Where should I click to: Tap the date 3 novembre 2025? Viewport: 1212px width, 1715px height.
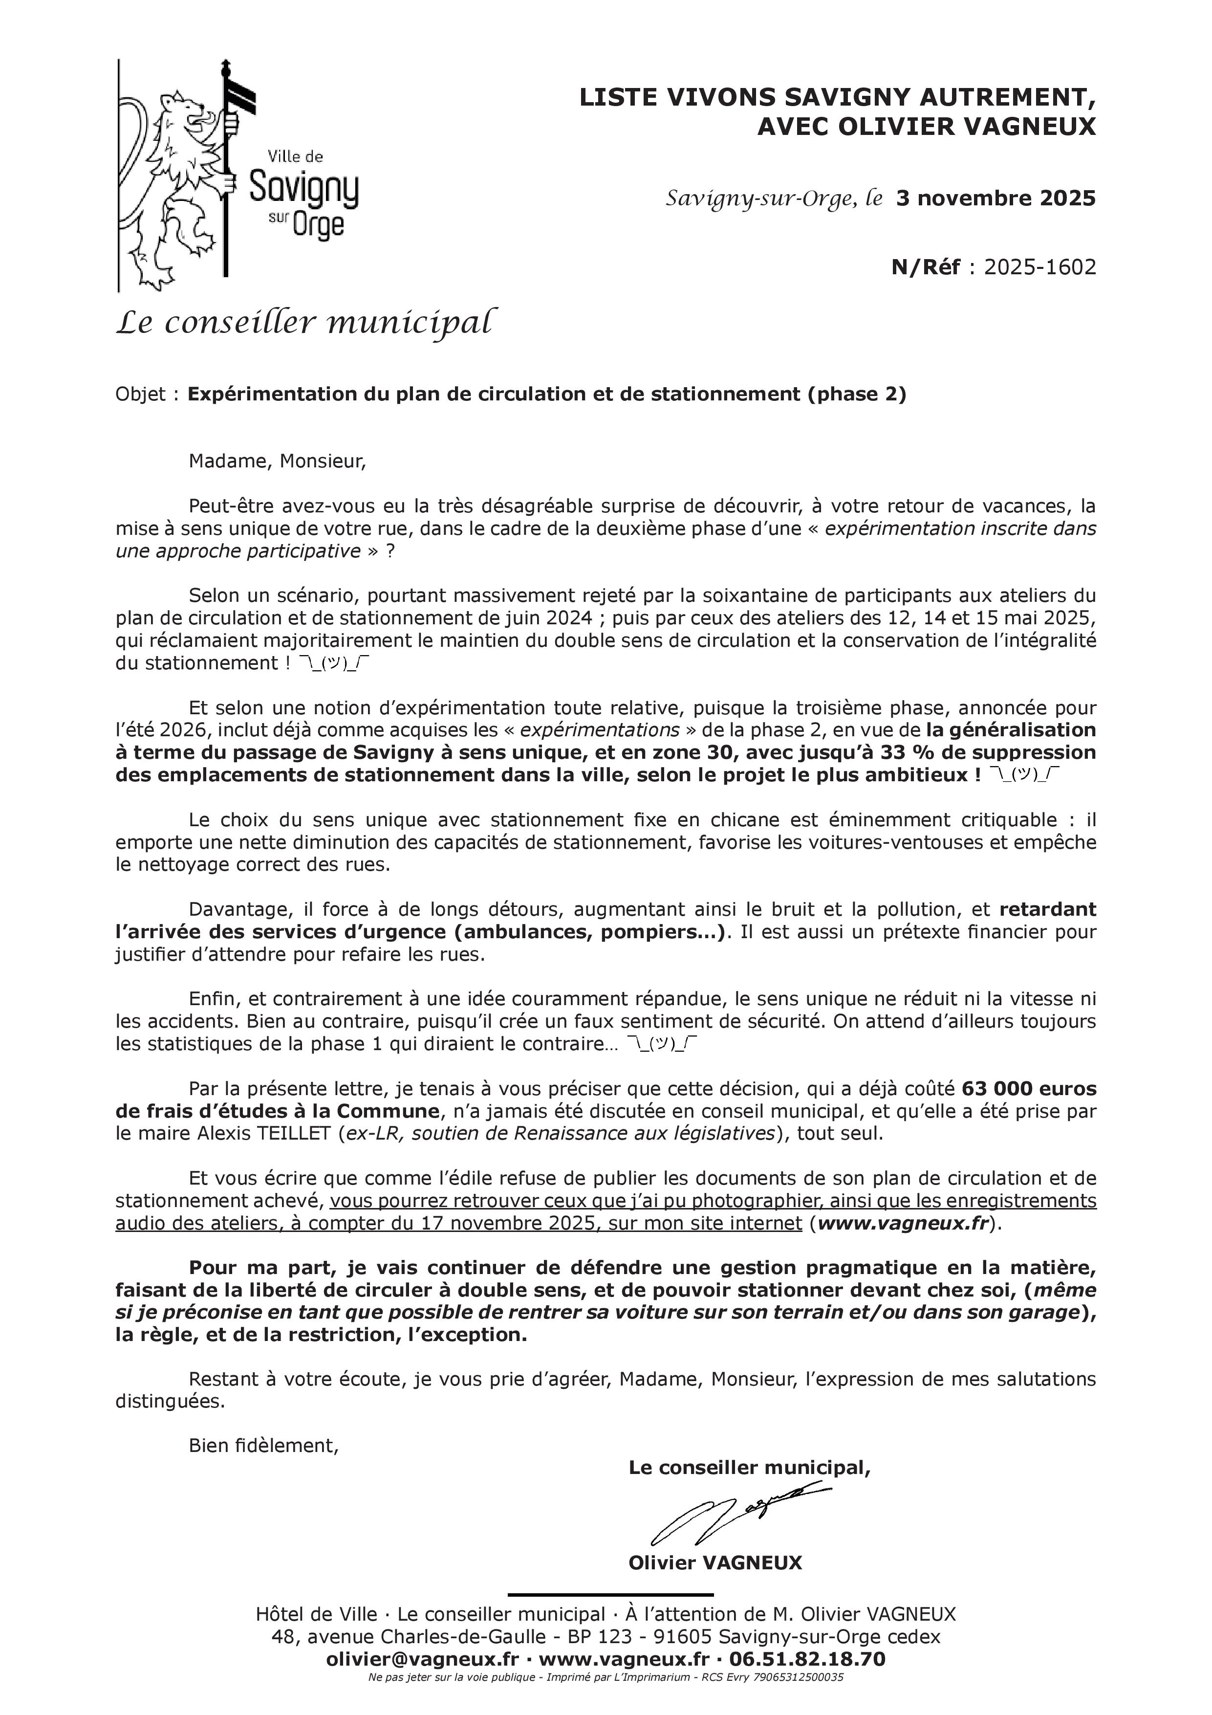point(996,198)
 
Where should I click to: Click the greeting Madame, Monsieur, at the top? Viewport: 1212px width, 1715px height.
point(277,461)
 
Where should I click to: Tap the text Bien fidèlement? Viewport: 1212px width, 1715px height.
point(263,1445)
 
